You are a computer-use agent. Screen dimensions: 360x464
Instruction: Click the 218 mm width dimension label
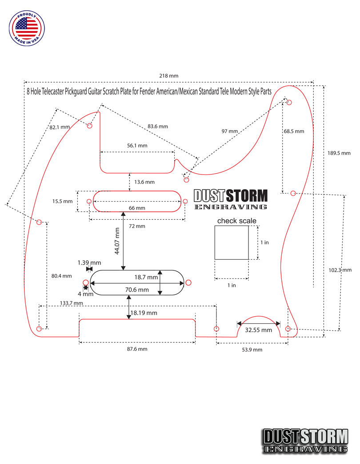point(168,76)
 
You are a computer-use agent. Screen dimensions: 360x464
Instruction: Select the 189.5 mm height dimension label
point(339,153)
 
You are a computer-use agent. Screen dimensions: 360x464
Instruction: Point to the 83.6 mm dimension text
point(158,127)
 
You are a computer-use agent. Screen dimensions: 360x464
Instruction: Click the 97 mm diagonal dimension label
point(230,131)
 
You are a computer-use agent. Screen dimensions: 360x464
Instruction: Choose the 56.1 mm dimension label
point(137,146)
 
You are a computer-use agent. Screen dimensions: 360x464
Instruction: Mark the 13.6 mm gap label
point(144,182)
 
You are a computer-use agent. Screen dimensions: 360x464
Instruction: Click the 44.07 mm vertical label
point(117,241)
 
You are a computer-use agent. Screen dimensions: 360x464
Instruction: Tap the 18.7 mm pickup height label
point(146,277)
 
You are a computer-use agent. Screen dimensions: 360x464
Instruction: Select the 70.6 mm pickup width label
point(137,290)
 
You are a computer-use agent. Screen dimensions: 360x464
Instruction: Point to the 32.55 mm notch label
point(258,330)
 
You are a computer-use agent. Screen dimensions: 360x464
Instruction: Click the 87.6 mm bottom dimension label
point(137,349)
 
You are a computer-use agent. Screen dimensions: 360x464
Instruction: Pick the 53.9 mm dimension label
point(252,350)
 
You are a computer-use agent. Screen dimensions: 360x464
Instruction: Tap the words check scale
point(237,221)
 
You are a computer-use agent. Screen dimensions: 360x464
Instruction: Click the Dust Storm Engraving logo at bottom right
point(306,440)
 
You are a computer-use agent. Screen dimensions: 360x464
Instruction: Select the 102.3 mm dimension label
point(340,270)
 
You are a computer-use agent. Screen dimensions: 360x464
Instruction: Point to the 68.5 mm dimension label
point(294,131)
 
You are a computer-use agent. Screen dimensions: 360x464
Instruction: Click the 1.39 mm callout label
point(89,263)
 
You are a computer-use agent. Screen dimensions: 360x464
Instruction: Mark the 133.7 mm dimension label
point(72,303)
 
